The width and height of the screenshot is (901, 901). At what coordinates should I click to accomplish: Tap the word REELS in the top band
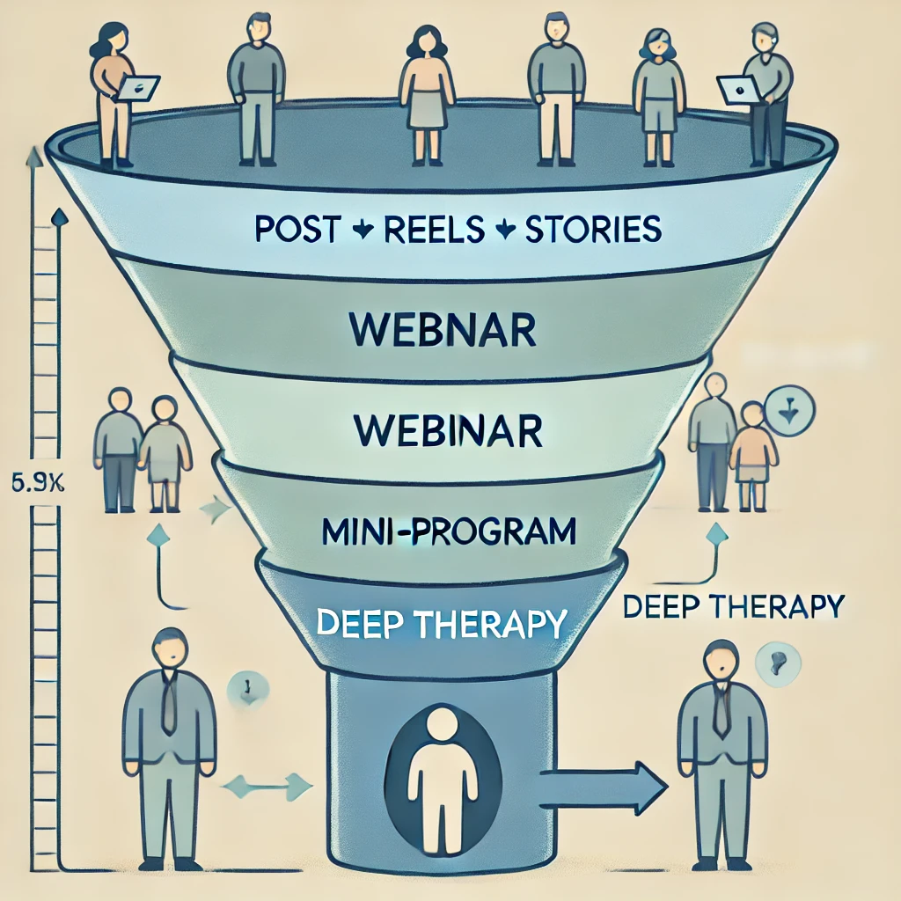[x=434, y=231]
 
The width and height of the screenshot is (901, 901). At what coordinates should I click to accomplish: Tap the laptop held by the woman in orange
[x=139, y=86]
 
